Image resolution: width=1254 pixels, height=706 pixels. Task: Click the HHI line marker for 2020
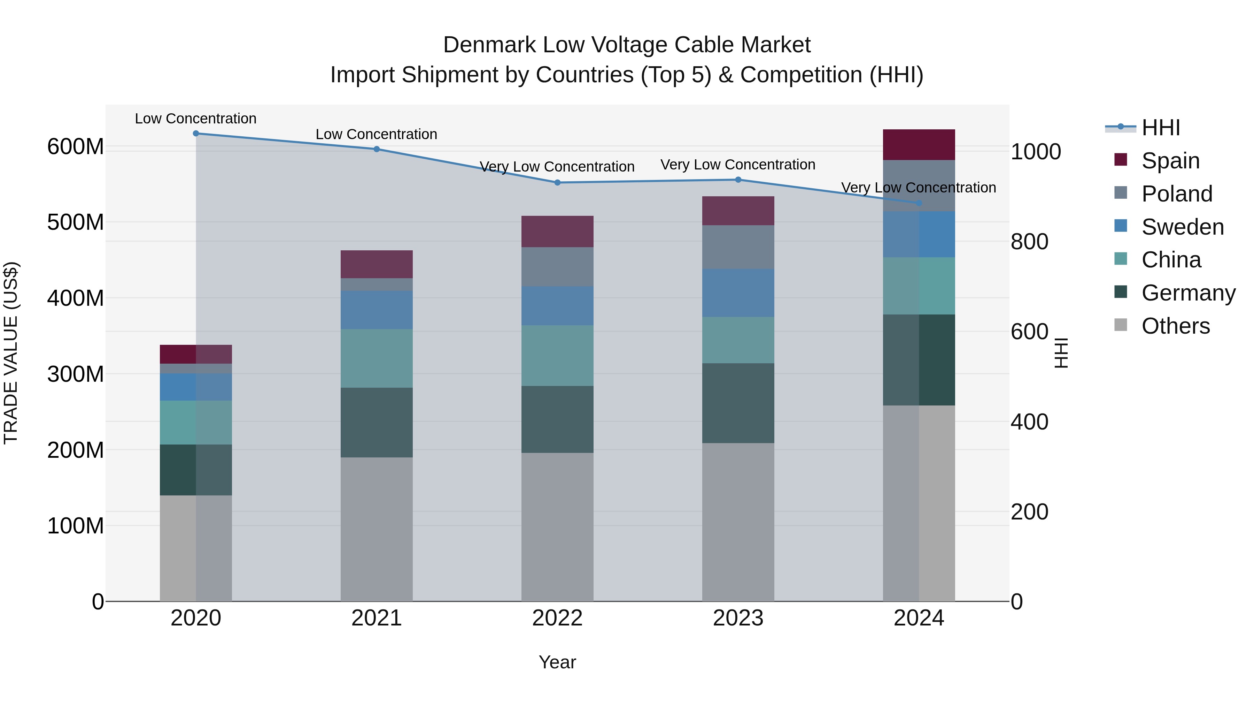pyautogui.click(x=196, y=133)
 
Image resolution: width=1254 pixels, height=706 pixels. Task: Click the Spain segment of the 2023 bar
pyautogui.click(x=738, y=211)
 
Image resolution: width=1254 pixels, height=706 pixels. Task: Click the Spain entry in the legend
pyautogui.click(x=1170, y=160)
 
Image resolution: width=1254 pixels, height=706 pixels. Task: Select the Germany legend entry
pyautogui.click(x=1188, y=293)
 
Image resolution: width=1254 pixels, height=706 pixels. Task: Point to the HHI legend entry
pyautogui.click(x=1161, y=128)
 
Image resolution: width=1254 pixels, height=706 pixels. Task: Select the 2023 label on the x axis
pyautogui.click(x=738, y=618)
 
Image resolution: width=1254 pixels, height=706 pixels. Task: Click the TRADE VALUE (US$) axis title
pyautogui.click(x=11, y=353)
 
